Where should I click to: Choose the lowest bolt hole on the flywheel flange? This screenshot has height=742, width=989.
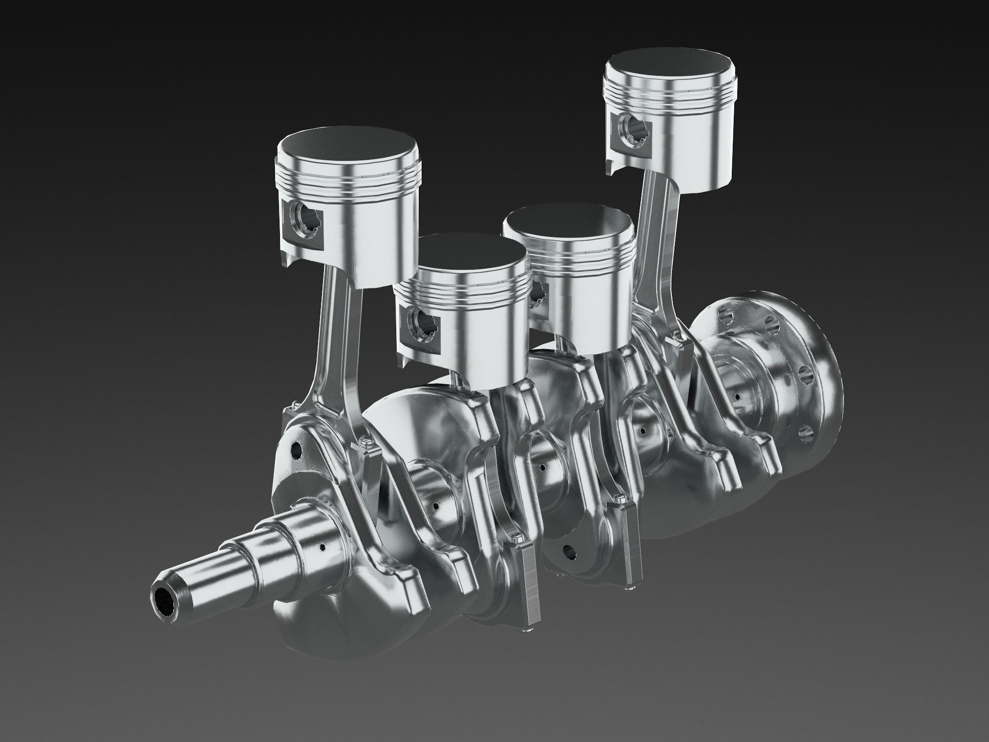click(x=806, y=433)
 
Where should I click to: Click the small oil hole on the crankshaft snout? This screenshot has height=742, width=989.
click(x=322, y=547)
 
